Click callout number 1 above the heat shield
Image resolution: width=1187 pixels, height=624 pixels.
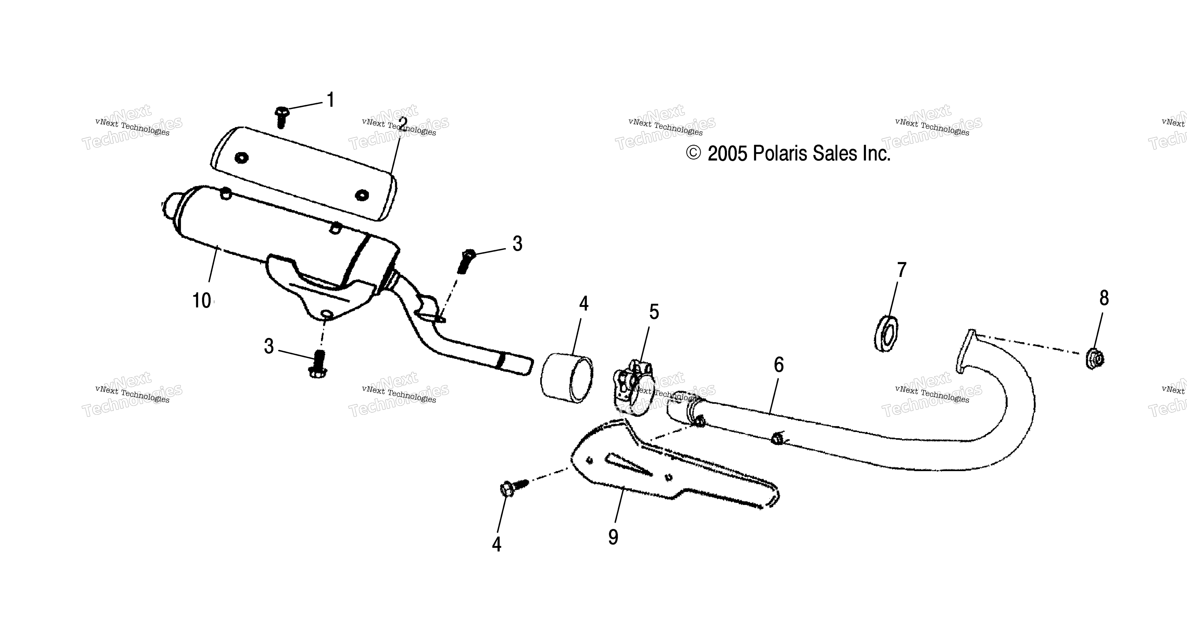point(330,100)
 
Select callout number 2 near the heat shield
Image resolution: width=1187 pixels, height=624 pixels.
point(403,124)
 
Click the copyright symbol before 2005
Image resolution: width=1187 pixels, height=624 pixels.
point(694,153)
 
